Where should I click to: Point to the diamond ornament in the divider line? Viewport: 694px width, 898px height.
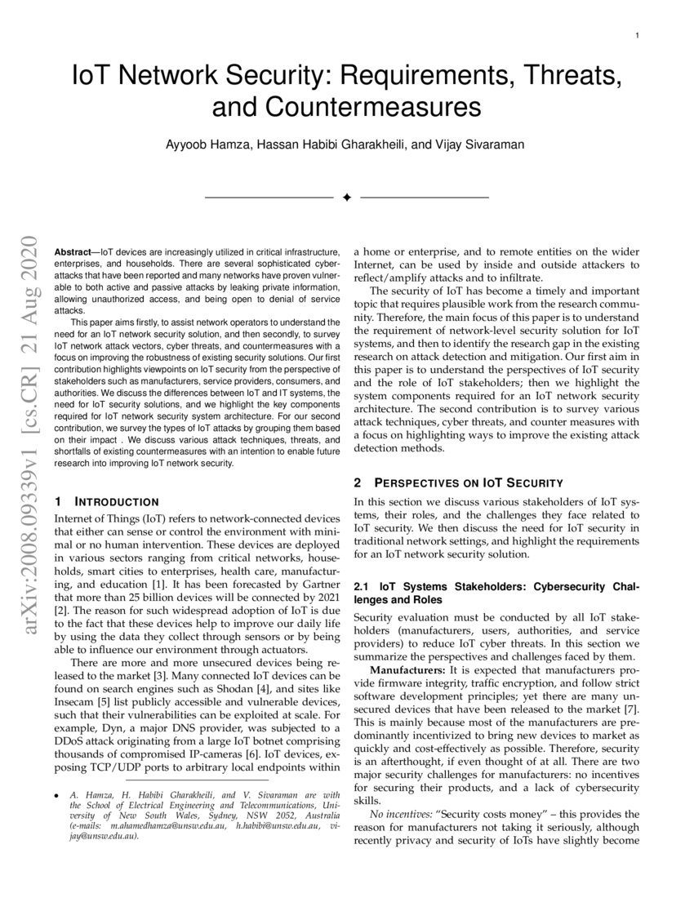point(346,198)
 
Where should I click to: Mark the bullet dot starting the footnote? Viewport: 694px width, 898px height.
point(55,794)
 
